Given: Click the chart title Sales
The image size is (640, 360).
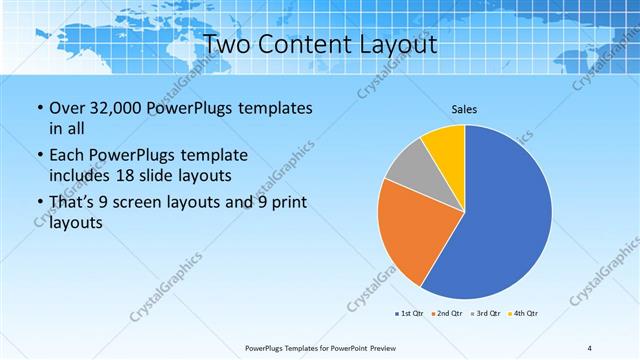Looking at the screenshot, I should point(464,108).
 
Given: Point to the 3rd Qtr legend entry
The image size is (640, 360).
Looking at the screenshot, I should point(486,314).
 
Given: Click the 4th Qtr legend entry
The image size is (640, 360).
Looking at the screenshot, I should point(524,314).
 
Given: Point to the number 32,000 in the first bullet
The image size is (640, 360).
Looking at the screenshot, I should point(112,108).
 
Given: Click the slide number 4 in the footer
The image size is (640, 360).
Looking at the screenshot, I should point(589,348).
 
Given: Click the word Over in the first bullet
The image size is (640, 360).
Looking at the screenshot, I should point(67,108).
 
